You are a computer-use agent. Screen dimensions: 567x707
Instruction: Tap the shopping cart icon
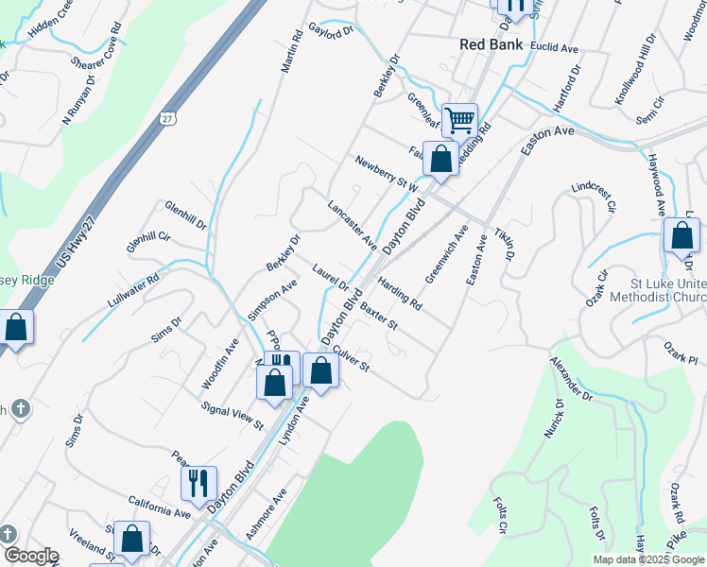[459, 120]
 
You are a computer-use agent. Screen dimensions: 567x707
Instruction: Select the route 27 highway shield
[167, 118]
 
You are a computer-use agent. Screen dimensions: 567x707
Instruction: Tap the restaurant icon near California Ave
[198, 483]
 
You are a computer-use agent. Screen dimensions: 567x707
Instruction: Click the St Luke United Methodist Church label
[668, 291]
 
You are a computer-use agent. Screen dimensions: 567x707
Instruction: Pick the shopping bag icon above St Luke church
[681, 236]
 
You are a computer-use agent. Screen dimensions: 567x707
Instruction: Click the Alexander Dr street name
[571, 379]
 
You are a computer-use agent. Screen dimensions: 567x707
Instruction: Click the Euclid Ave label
[555, 47]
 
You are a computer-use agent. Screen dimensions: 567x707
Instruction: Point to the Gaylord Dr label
[331, 31]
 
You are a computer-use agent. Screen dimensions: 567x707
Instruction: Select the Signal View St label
[233, 415]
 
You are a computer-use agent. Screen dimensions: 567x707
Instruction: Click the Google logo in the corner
[30, 556]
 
